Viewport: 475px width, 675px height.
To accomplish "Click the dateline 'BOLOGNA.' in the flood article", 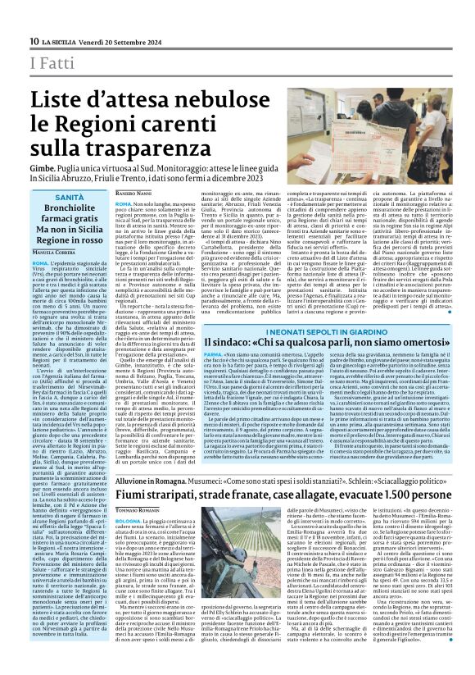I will [128, 542].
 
